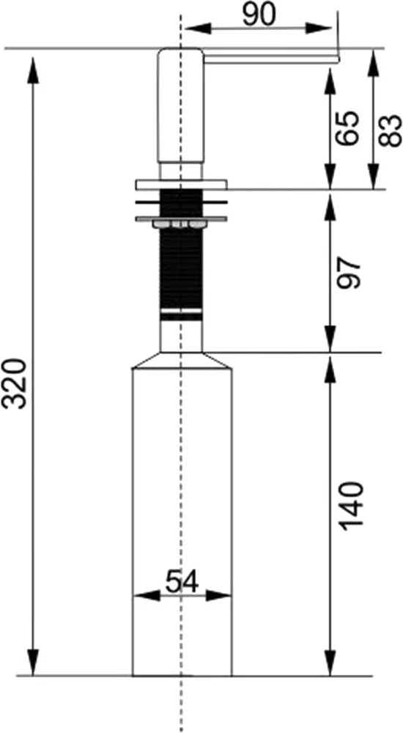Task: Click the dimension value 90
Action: pyautogui.click(x=259, y=16)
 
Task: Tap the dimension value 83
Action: pyautogui.click(x=390, y=130)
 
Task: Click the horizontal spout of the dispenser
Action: pyautogui.click(x=271, y=59)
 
